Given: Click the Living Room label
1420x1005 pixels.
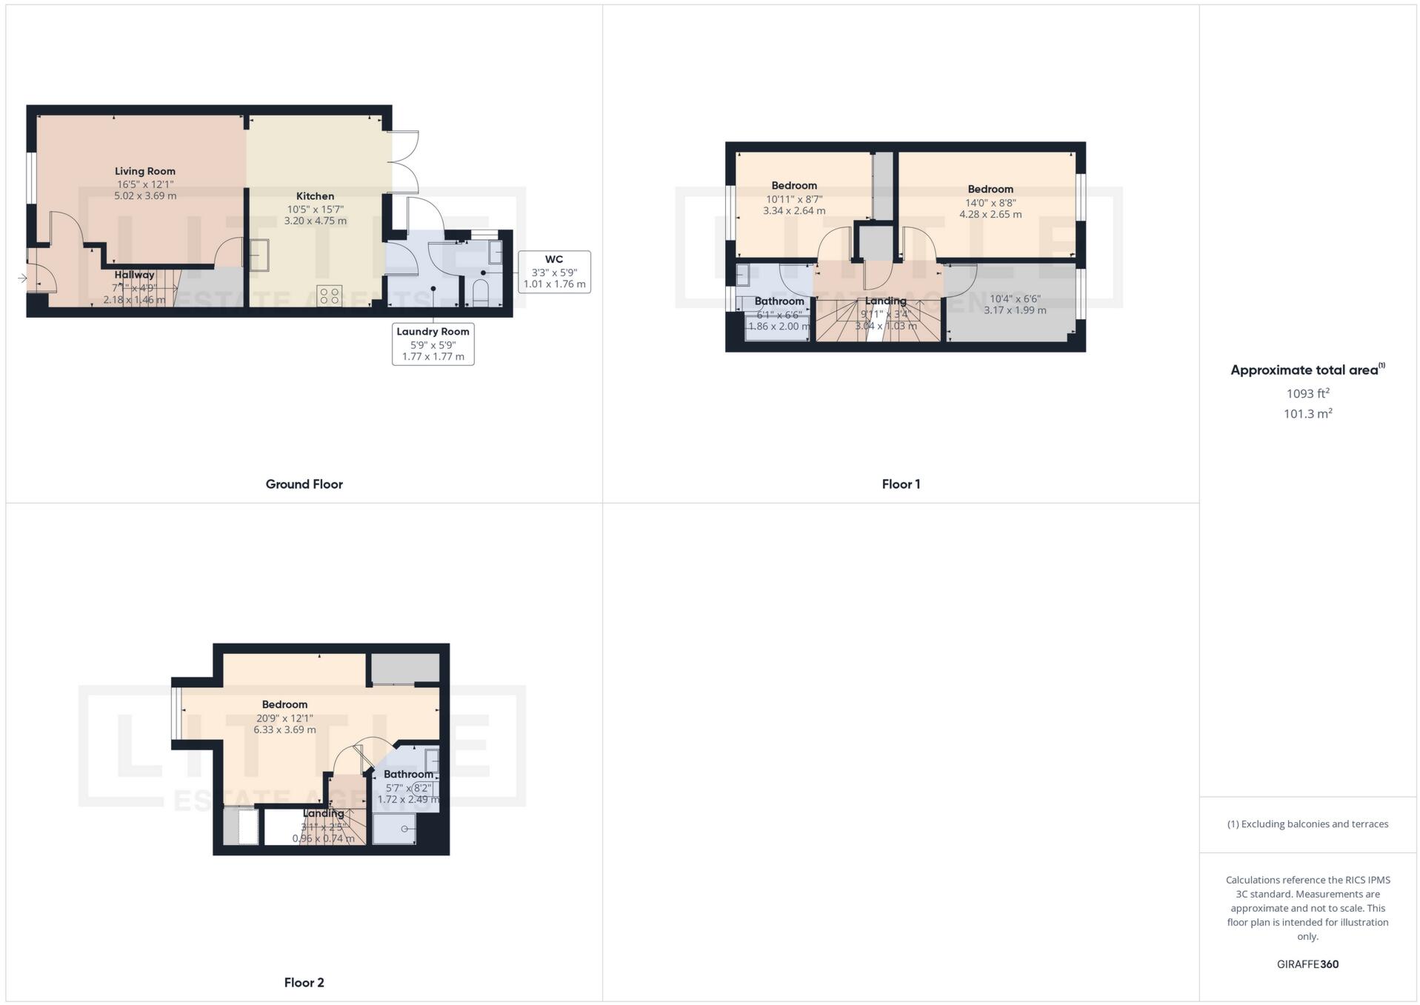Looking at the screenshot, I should (x=145, y=171).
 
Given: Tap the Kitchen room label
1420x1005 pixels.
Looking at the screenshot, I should (x=315, y=196).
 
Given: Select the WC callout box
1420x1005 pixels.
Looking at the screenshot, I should (x=554, y=272).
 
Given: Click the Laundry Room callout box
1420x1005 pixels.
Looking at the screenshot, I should (x=433, y=344).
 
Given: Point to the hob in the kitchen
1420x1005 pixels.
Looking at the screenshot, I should (x=328, y=296).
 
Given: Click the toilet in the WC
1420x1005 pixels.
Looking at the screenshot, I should (x=480, y=293).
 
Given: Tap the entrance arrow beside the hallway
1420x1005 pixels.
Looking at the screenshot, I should (x=22, y=278).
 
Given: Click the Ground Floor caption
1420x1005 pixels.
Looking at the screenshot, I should (x=304, y=484).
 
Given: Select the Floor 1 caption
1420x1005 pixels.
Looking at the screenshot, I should (x=901, y=484).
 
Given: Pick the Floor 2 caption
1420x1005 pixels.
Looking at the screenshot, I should (x=304, y=983).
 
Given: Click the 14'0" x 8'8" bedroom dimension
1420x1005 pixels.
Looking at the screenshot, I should (x=990, y=202).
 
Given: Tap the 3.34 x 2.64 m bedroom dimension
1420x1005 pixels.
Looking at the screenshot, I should (x=794, y=211).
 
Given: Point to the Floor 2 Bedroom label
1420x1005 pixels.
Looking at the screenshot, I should (x=284, y=704).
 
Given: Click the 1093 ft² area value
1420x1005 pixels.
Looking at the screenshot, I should (x=1307, y=393).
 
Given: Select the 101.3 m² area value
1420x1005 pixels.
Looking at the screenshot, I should (x=1307, y=414).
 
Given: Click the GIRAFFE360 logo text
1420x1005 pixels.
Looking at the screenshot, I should (x=1307, y=964).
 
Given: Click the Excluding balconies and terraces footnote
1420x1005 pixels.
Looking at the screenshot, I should (x=1307, y=824).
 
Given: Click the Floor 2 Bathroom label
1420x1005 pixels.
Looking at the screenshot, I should (x=408, y=774).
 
